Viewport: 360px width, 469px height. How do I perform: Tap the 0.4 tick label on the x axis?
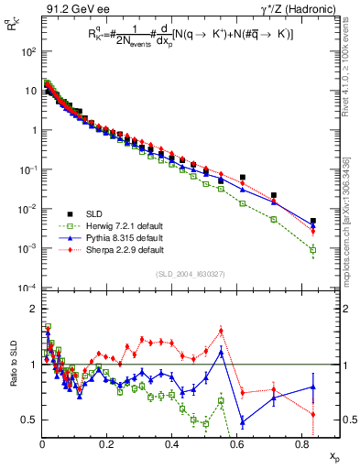click(171, 444)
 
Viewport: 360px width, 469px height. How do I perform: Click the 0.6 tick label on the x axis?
click(236, 444)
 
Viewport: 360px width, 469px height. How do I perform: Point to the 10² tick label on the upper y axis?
click(28, 51)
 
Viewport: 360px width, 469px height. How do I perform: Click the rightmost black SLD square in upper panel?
click(313, 221)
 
